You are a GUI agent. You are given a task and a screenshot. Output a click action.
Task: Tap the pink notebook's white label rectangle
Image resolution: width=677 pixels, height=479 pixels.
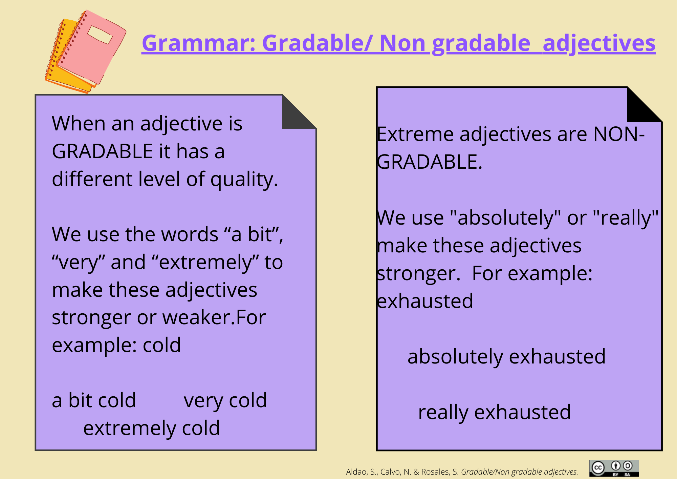pyautogui.click(x=100, y=35)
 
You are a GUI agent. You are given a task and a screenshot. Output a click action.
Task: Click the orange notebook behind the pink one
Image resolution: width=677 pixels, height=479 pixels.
pyautogui.click(x=64, y=58)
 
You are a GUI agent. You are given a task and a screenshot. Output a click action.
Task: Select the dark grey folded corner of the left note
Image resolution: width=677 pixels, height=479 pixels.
pyautogui.click(x=299, y=112)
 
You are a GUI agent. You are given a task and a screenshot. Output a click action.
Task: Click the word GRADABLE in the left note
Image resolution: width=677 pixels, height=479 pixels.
pyautogui.click(x=102, y=151)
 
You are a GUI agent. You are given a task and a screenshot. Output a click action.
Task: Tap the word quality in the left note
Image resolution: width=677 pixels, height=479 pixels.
pyautogui.click(x=244, y=180)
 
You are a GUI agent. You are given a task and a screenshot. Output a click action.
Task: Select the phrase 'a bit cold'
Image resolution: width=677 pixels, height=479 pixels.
pyautogui.click(x=94, y=400)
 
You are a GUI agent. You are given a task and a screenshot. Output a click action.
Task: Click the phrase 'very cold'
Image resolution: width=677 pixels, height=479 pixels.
pyautogui.click(x=225, y=401)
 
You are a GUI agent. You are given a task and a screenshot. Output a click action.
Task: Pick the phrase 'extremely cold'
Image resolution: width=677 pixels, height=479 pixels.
pyautogui.click(x=152, y=429)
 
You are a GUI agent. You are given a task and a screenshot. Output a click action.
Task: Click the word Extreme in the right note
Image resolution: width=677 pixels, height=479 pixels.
pyautogui.click(x=415, y=134)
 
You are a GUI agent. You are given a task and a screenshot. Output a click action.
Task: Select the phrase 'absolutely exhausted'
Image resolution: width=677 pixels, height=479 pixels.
pyautogui.click(x=506, y=357)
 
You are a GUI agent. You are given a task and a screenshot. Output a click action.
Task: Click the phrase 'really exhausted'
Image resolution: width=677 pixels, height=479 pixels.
pyautogui.click(x=495, y=413)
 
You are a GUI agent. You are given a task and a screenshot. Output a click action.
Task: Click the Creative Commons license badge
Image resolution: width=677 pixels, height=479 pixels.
pyautogui.click(x=614, y=468)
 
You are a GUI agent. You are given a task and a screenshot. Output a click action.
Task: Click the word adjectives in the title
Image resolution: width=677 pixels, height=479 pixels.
pyautogui.click(x=599, y=44)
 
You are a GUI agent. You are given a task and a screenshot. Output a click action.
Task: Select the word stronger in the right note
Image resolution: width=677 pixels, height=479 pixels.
pyautogui.click(x=419, y=274)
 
